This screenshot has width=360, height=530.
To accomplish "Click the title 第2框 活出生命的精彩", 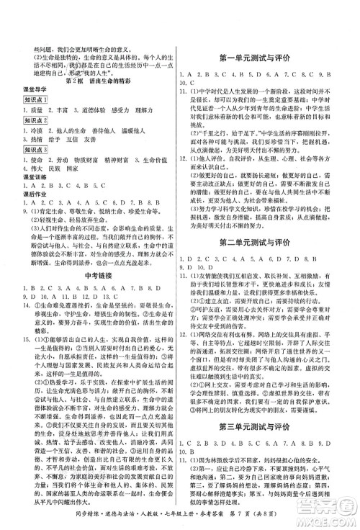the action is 99,81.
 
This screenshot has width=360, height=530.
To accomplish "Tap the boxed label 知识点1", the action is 35,99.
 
